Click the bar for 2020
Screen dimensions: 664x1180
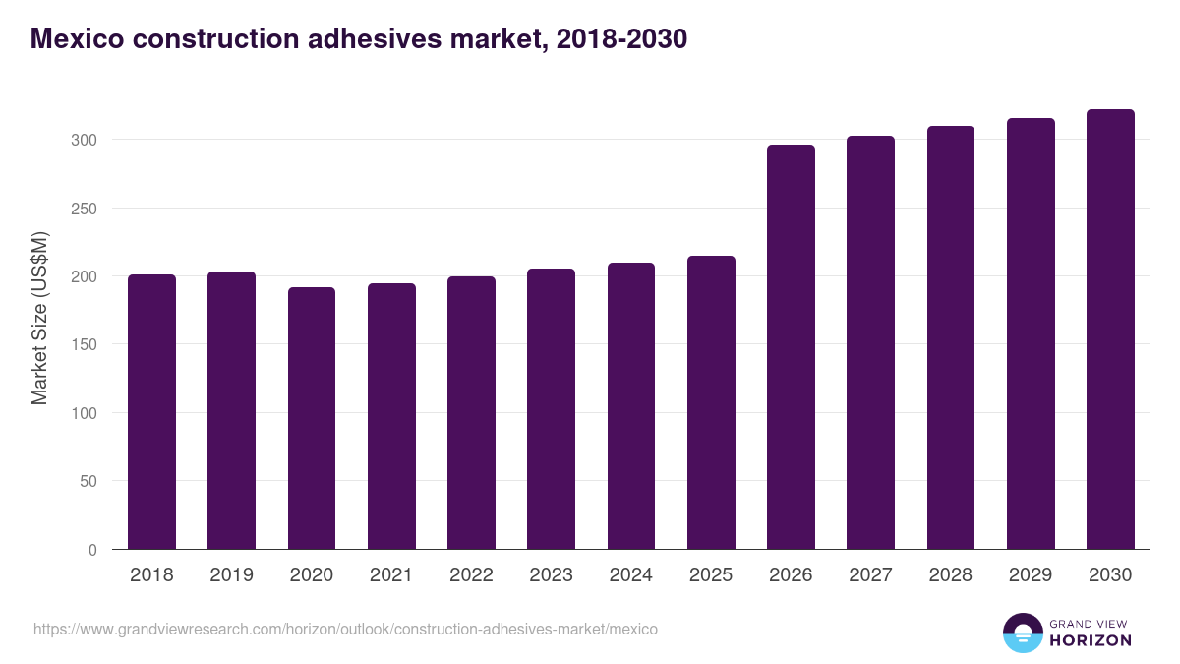pos(312,418)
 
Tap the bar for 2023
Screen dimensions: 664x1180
pos(551,408)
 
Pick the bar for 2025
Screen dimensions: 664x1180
pos(711,402)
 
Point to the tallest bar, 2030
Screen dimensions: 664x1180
pos(1110,330)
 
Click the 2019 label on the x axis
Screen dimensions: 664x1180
pos(232,575)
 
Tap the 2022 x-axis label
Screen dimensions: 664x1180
pos(471,575)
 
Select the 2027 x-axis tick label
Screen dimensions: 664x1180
pos(870,575)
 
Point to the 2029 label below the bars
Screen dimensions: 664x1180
pos(1031,575)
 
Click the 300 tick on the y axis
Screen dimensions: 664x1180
pos(85,140)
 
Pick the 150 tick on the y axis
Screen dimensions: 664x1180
pos(85,344)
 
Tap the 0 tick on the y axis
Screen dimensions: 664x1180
pos(92,550)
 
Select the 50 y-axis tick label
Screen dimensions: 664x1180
pos(88,482)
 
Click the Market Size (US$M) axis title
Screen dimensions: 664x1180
pos(39,318)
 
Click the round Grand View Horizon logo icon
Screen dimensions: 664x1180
pos(1022,634)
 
